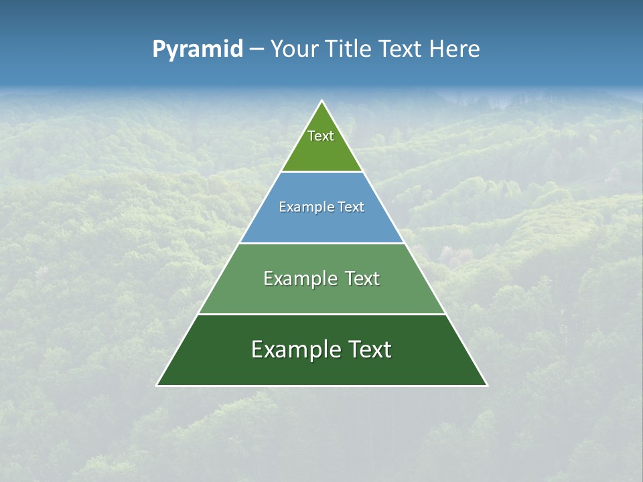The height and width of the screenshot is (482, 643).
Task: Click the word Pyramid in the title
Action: (198, 50)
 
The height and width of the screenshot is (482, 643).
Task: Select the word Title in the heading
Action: (349, 50)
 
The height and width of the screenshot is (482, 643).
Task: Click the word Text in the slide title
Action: (402, 50)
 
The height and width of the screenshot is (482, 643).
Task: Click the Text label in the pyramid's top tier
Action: (321, 136)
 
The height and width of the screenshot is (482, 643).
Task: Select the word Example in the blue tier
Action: (303, 207)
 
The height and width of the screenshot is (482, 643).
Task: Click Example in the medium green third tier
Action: (297, 278)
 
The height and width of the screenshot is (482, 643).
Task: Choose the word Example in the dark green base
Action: (293, 349)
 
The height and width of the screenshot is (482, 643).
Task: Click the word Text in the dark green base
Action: (369, 349)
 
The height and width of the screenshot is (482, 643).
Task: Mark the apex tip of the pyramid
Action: (321, 101)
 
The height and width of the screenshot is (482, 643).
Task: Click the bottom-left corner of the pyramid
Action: (157, 386)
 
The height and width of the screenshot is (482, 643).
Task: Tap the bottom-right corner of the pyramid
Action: (487, 386)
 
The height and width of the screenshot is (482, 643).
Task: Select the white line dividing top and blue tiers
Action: (321, 171)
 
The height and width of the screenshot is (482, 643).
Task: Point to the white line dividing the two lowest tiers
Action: (321, 314)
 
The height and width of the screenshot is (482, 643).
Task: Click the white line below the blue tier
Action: (321, 243)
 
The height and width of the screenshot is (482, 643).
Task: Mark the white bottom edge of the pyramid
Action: (321, 386)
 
